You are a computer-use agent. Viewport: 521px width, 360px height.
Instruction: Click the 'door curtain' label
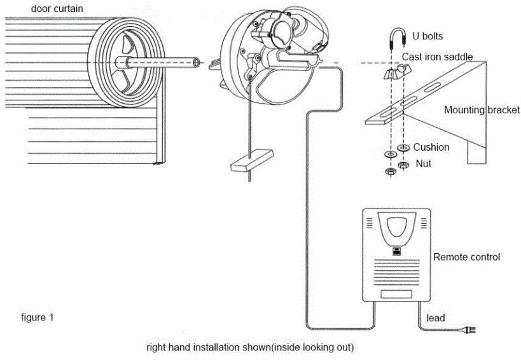57,9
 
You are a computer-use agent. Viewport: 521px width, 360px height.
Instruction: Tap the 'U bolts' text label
427,36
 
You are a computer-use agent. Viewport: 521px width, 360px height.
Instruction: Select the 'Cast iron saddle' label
437,57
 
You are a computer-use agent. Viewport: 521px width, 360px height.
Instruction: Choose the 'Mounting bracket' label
482,109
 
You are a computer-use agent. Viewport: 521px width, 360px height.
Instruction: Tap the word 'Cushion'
431,147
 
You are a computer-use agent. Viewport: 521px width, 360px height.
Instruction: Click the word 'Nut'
423,163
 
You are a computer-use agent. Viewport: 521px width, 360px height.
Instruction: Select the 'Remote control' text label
466,257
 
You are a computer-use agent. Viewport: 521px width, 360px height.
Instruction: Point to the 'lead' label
436,317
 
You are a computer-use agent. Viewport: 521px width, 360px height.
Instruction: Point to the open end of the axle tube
197,62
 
